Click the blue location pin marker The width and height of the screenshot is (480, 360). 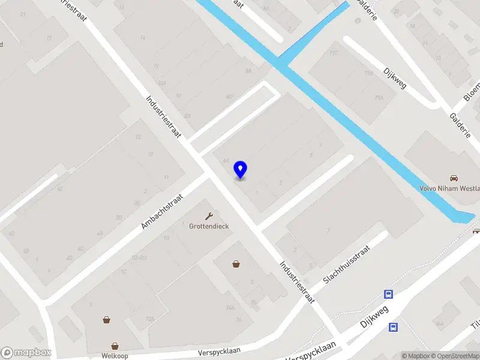click(x=240, y=170)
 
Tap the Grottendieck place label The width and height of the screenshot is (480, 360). click(x=208, y=226)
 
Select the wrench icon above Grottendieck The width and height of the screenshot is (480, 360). click(x=209, y=216)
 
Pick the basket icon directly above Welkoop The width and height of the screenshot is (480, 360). click(x=114, y=346)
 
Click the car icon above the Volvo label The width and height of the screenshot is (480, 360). click(x=454, y=178)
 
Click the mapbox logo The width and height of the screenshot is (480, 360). click(x=26, y=352)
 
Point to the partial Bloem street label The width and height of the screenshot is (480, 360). click(x=471, y=90)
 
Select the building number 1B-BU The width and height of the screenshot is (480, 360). click(x=139, y=258)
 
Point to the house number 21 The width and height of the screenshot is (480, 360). click(x=23, y=14)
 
